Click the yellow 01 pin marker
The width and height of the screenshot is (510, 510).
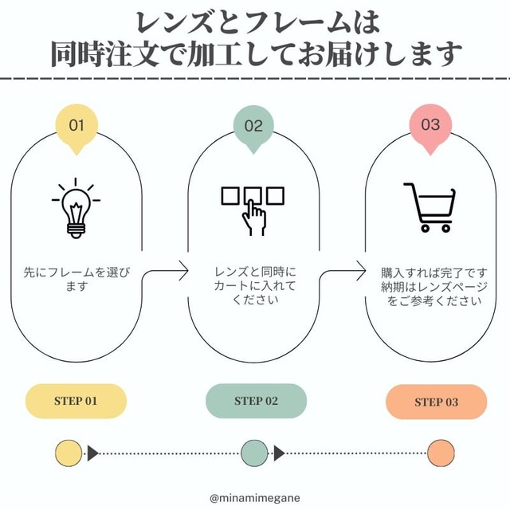point(76,127)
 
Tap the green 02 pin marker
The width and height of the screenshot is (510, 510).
point(253,127)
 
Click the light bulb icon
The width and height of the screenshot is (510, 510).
point(76,208)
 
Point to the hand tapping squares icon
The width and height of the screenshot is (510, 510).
point(253,210)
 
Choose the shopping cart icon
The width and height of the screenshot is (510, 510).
point(430,207)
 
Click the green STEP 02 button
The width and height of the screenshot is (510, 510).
point(257,401)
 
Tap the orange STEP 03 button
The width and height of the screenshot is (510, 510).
point(436,402)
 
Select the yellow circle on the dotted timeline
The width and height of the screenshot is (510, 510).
point(69,453)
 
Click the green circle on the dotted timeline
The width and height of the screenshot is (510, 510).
point(254,453)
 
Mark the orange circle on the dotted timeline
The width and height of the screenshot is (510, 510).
point(441,453)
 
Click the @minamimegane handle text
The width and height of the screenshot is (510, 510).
point(255,498)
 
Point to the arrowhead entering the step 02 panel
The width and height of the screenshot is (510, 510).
point(184,270)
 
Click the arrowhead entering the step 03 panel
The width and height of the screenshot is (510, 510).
point(361,270)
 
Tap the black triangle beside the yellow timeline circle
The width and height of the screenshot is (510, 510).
point(92,453)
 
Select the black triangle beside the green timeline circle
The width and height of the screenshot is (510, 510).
point(279,453)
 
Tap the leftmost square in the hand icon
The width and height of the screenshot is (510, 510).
point(230,195)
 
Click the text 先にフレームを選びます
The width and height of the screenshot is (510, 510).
point(76,280)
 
